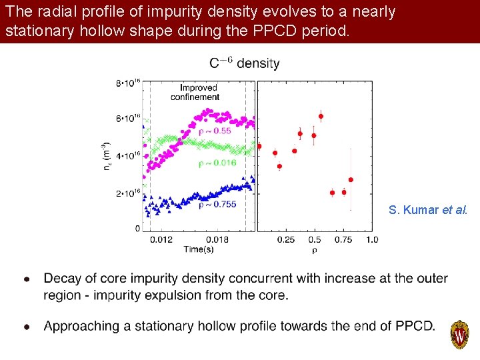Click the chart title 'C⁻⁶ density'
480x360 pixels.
click(244, 63)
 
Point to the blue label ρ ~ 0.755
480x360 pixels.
click(217, 205)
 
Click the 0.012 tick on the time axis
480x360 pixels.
click(161, 239)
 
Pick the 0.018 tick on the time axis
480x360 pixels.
click(217, 239)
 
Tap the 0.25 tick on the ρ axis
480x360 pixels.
click(285, 239)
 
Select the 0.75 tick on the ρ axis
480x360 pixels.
click(343, 239)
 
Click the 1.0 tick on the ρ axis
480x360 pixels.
click(371, 239)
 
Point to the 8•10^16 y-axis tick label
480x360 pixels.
click(128, 83)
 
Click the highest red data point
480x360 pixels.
click(321, 117)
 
